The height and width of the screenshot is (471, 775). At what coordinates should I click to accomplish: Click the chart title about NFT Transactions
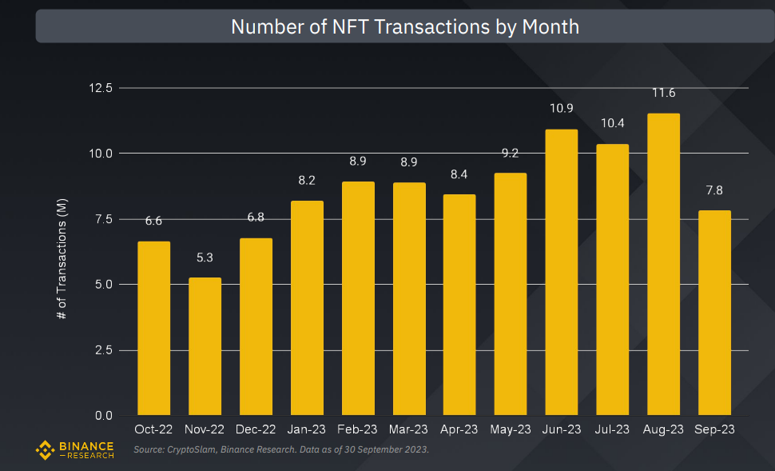click(404, 26)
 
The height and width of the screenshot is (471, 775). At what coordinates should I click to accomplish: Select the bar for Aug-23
click(663, 264)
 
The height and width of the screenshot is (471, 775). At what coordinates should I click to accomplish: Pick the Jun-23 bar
click(561, 272)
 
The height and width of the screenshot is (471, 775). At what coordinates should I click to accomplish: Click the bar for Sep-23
click(714, 313)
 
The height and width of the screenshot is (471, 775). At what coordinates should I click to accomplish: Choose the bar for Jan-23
click(307, 308)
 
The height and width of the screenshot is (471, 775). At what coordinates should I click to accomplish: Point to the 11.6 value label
click(663, 93)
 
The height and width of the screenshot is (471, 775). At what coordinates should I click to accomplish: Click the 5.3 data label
click(205, 257)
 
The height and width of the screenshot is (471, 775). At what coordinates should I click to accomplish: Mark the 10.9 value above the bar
click(561, 108)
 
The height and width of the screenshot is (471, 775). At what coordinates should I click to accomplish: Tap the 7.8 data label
click(714, 190)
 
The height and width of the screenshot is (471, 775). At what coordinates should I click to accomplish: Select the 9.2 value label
click(510, 153)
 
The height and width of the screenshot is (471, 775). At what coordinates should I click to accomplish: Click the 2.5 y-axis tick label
click(105, 350)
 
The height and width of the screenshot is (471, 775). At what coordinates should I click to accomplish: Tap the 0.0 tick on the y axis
click(105, 416)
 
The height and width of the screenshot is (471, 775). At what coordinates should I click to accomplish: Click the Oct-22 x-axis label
click(153, 430)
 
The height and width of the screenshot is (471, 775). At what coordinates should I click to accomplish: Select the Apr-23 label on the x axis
click(459, 430)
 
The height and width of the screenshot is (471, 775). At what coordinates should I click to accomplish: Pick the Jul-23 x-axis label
click(612, 430)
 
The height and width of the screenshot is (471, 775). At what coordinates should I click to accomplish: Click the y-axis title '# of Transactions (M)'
click(62, 260)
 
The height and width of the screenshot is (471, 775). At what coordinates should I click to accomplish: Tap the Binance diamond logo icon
click(45, 450)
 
